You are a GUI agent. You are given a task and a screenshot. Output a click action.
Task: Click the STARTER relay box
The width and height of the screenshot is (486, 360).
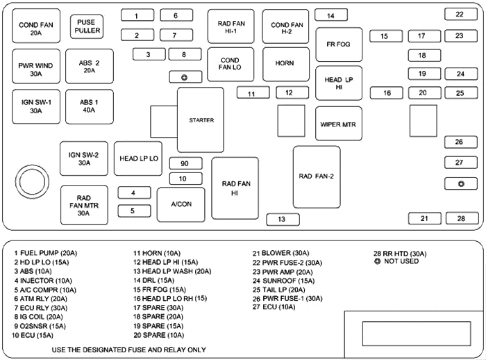(200, 120)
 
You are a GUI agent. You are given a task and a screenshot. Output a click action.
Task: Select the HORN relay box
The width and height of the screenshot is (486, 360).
(285, 63)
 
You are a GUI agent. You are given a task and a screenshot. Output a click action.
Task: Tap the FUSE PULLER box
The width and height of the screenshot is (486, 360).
(87, 26)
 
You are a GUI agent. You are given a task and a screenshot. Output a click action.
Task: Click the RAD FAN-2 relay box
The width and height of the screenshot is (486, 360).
(317, 177)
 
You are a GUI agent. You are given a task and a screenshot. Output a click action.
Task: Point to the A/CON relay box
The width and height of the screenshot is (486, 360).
(181, 204)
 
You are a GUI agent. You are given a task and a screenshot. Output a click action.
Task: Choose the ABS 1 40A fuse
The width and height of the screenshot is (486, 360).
(89, 106)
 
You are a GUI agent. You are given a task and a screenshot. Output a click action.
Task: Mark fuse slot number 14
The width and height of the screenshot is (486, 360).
(331, 15)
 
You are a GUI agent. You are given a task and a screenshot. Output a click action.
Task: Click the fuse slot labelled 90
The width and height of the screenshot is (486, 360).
(185, 164)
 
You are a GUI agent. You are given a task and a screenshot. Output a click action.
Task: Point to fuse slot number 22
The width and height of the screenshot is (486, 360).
(460, 14)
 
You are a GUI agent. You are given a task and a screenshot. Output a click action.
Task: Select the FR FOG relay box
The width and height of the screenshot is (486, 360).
(339, 44)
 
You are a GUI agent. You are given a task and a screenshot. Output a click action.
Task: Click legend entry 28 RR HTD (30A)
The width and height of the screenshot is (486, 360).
(400, 254)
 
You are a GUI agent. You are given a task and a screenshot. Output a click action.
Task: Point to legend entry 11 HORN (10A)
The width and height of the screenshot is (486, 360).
(157, 254)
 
